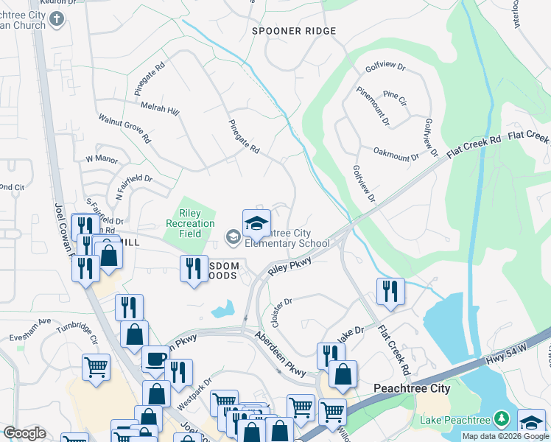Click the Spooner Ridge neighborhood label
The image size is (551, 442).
[x=294, y=31]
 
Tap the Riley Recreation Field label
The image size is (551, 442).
[x=190, y=224]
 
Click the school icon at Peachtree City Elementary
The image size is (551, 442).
[x=256, y=223]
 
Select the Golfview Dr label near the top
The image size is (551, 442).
[x=385, y=66]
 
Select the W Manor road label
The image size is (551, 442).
[x=102, y=158]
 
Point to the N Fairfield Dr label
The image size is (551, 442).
[x=133, y=188]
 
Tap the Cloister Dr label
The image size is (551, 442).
[x=282, y=312]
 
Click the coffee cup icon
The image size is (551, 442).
[x=155, y=359]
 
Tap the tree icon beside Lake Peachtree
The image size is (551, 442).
[x=502, y=420]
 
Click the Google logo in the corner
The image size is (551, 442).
[x=24, y=433]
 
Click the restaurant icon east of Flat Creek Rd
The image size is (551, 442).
[x=390, y=291]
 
